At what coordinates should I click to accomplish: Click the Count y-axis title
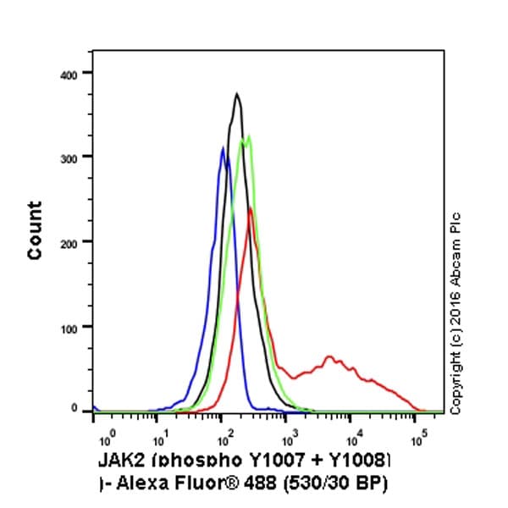tap(35, 230)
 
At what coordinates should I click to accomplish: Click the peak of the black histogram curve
tap(237, 94)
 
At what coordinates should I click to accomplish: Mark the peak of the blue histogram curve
tap(223, 149)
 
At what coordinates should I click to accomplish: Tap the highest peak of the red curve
tap(250, 208)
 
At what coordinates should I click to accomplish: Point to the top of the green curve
tap(248, 135)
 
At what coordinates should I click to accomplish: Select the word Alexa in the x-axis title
tap(146, 481)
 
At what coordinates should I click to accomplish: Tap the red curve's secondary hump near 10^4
tap(329, 356)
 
